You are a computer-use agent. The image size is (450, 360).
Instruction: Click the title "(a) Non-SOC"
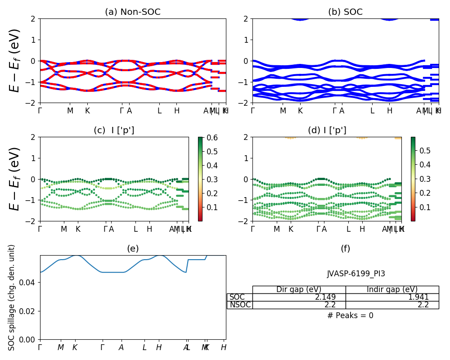click(132, 12)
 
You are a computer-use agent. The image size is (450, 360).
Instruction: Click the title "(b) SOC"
click(345, 12)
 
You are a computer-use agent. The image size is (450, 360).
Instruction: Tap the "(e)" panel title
click(133, 248)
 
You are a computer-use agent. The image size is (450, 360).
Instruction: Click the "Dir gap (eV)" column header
click(299, 289)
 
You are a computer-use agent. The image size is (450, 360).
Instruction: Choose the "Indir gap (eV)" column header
click(392, 289)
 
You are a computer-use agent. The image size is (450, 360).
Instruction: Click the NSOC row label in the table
click(240, 305)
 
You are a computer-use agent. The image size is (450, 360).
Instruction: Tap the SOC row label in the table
click(237, 297)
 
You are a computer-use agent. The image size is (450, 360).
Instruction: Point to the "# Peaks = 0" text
click(350, 315)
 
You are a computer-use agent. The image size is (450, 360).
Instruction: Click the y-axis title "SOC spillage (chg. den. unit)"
click(12, 297)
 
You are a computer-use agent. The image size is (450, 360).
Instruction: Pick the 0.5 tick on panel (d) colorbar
click(425, 150)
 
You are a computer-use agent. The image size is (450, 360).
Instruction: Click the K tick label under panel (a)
click(87, 111)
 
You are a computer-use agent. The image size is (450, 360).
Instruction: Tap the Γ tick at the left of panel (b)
click(252, 111)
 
